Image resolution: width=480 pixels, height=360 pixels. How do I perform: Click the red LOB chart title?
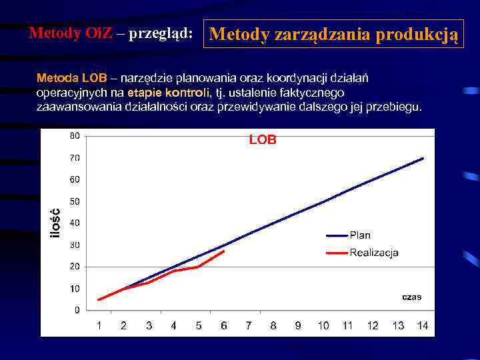263,140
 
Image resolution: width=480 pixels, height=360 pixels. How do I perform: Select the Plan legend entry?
360,235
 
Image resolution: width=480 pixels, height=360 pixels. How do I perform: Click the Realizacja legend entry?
373,252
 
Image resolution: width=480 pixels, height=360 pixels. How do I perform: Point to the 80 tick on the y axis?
74,136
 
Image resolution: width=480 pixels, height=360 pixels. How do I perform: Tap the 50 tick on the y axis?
74,201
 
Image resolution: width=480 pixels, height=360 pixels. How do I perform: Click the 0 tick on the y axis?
77,310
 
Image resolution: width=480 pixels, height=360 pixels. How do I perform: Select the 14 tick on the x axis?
423,325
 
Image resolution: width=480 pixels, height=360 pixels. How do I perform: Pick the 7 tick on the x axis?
248,325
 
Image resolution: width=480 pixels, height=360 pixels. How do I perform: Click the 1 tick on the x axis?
99,325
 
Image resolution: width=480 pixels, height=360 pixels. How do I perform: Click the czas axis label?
411,297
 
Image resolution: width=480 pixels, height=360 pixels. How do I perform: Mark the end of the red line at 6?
224,251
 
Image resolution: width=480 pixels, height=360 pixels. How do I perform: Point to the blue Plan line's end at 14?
423,158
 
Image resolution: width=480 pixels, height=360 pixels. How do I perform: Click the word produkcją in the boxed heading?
417,34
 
